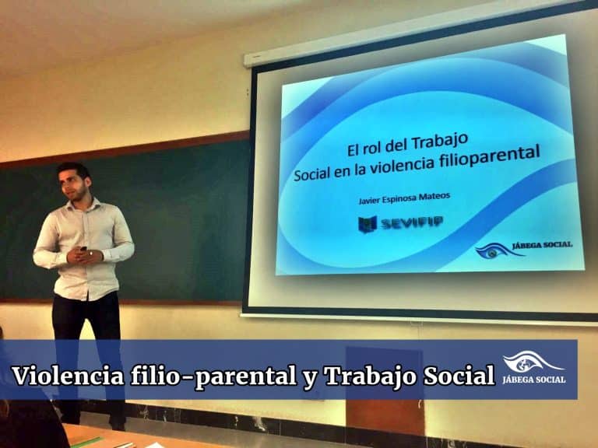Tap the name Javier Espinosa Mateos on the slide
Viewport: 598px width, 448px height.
[x=404, y=198]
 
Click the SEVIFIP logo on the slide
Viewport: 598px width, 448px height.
[x=400, y=223]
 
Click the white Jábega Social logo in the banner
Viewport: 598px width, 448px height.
[x=533, y=368]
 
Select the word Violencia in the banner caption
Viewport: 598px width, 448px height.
[x=69, y=376]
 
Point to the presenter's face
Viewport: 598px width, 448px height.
[x=73, y=184]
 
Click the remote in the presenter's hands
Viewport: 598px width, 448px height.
[x=83, y=249]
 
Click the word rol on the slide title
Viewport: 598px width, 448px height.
[x=370, y=148]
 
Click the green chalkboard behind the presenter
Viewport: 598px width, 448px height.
[x=183, y=221]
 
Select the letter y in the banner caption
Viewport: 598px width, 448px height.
[x=310, y=379]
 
